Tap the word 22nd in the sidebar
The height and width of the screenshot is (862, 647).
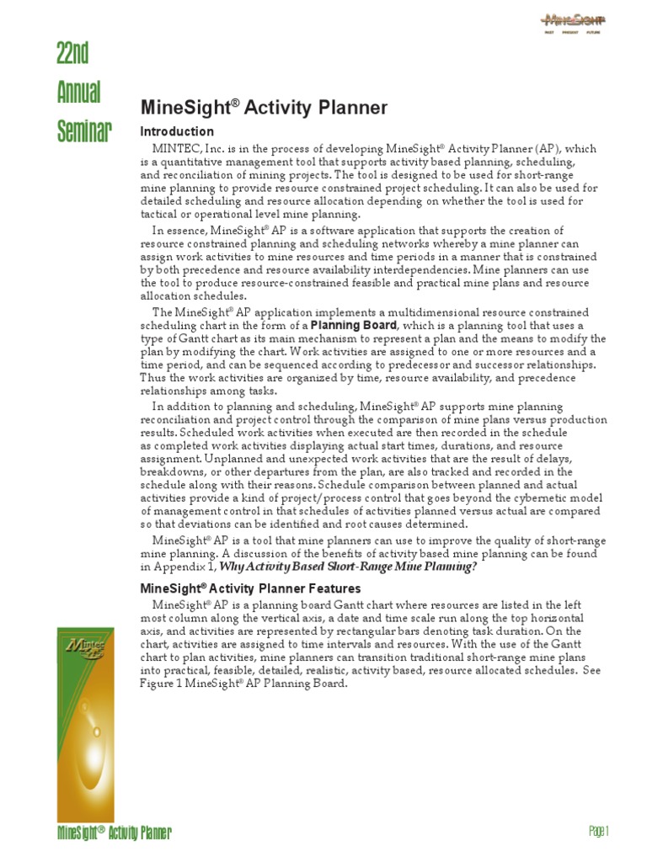[x=73, y=55]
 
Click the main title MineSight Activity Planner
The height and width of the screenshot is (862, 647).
[x=263, y=108]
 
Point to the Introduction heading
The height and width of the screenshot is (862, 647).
[x=177, y=132]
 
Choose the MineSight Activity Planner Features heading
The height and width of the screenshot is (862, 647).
[x=250, y=588]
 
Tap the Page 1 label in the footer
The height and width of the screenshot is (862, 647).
[x=597, y=832]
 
